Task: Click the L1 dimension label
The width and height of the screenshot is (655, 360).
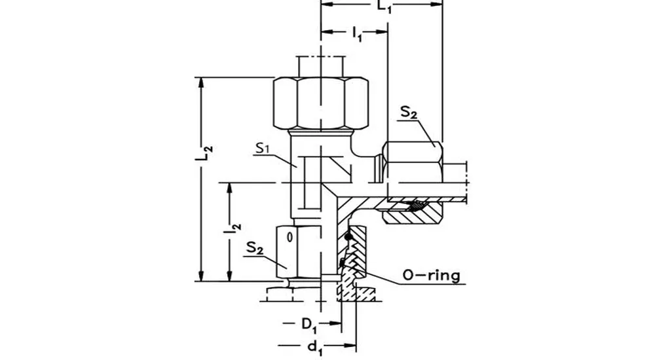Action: click(x=384, y=7)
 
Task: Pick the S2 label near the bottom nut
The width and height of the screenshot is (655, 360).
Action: click(x=257, y=248)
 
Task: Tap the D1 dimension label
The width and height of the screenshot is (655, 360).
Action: click(x=309, y=323)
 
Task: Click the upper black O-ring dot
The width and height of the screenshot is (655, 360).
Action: click(x=350, y=237)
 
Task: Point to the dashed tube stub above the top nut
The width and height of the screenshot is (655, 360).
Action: click(x=320, y=66)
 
